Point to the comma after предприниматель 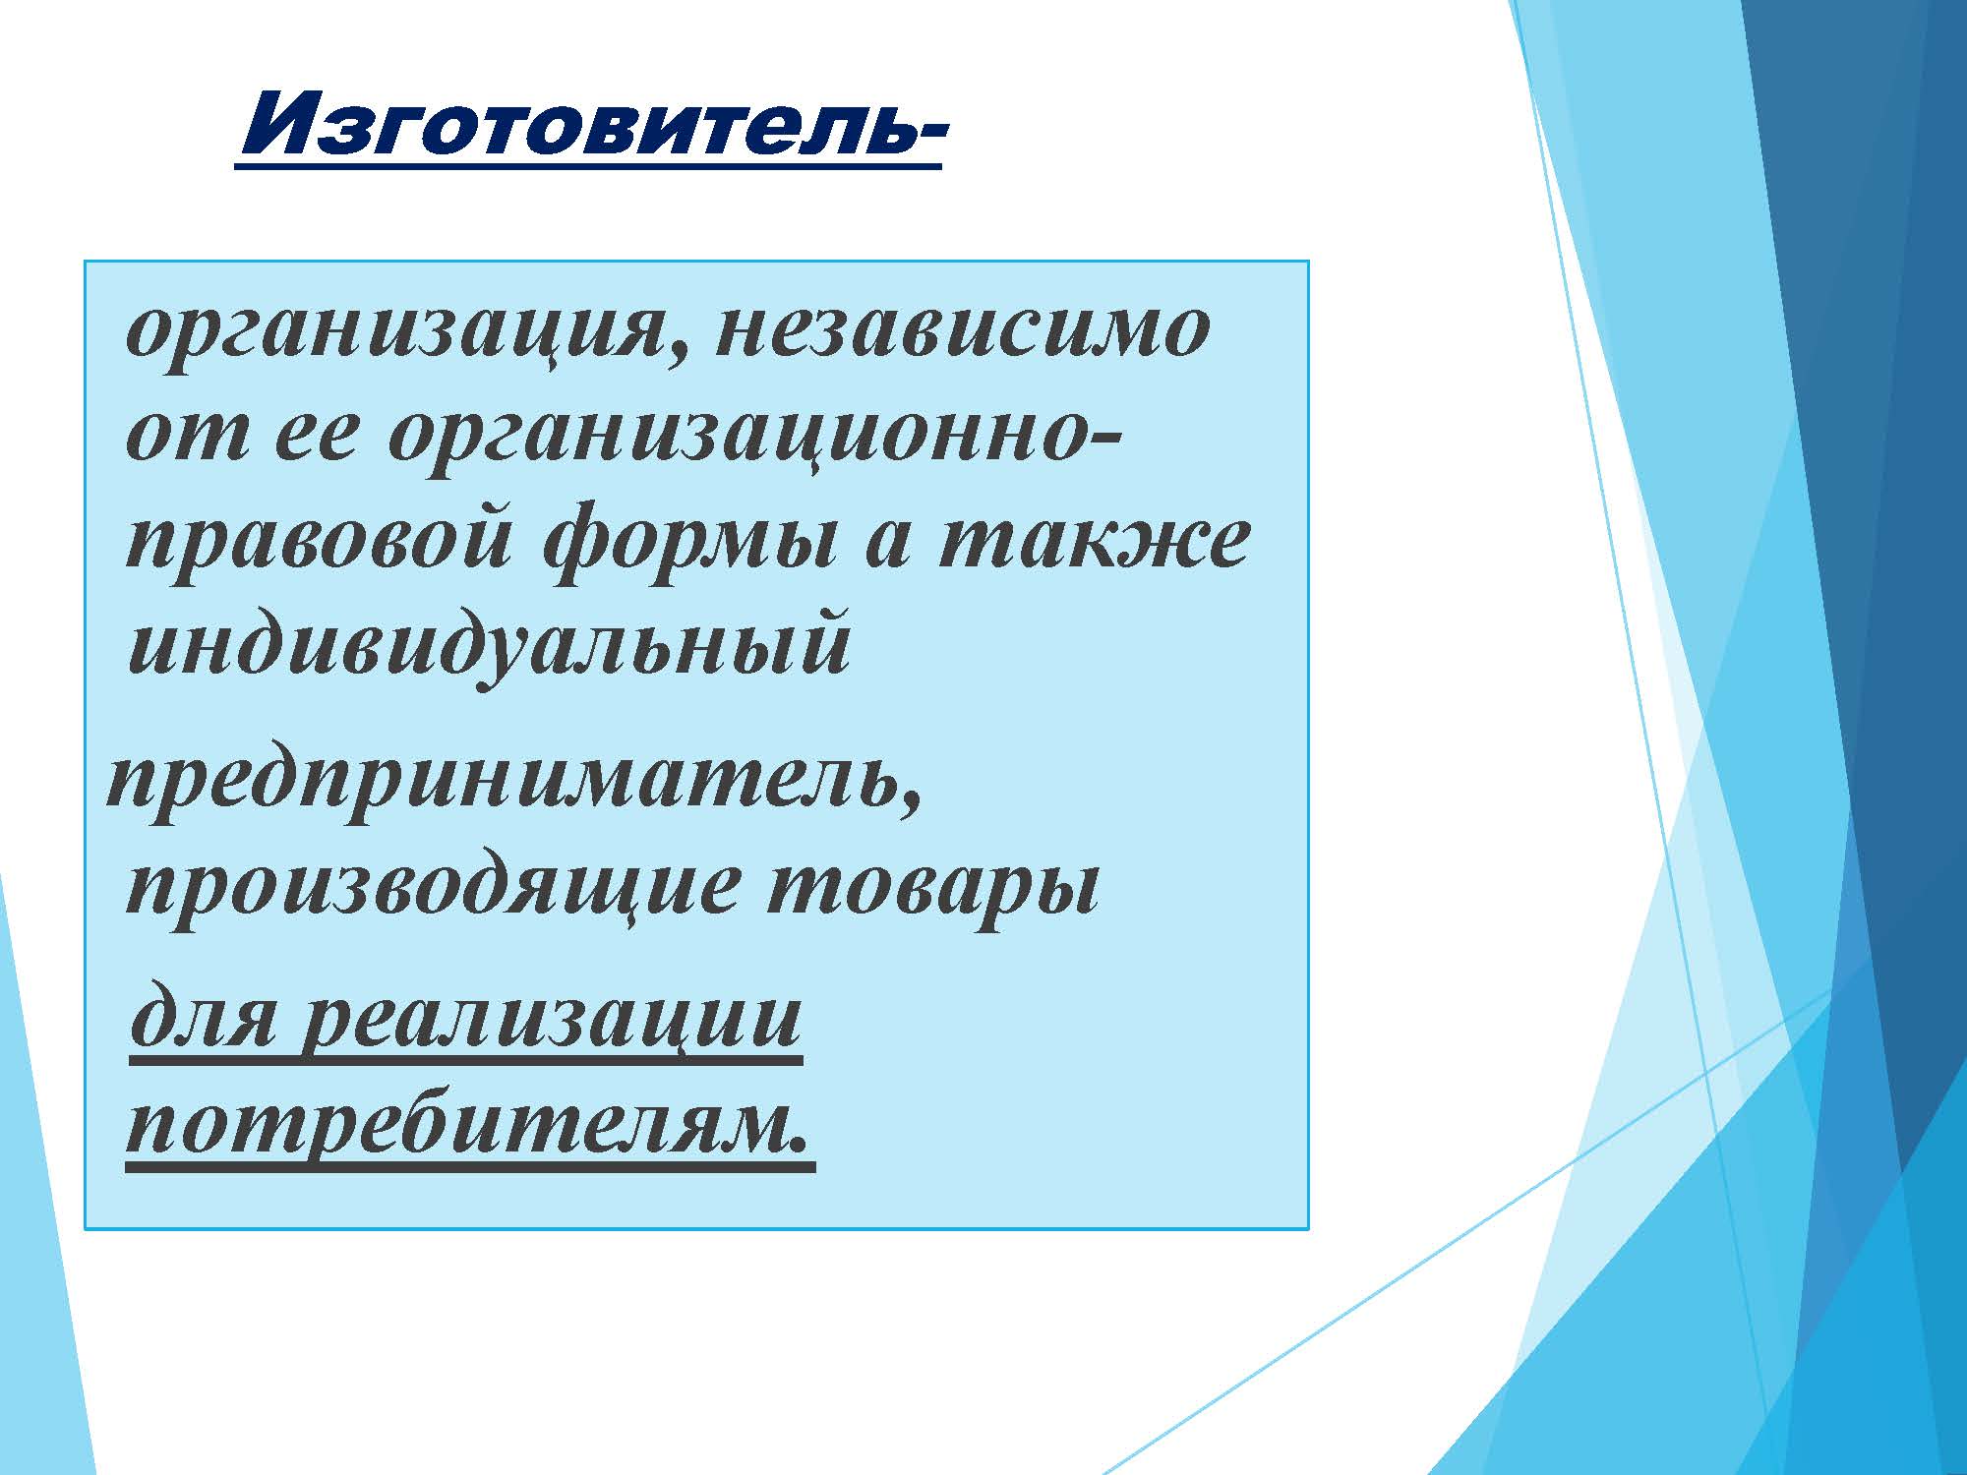[x=912, y=801]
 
